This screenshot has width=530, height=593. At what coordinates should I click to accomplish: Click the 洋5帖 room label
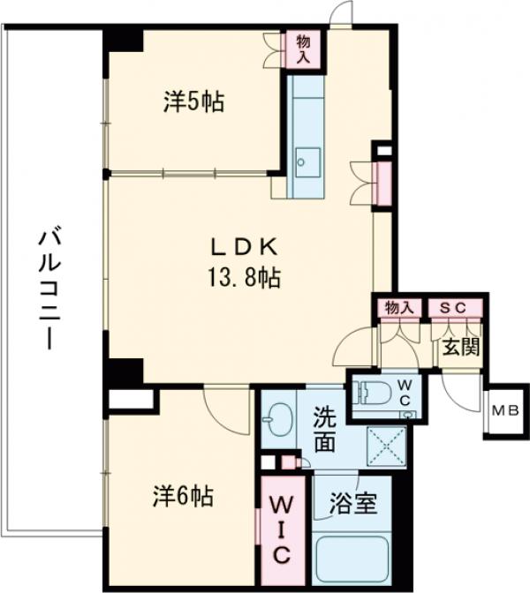click(193, 101)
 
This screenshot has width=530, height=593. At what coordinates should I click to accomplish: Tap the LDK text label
click(244, 248)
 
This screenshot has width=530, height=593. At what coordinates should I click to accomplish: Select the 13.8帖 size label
click(244, 278)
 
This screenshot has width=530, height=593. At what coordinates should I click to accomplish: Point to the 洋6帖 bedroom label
click(183, 496)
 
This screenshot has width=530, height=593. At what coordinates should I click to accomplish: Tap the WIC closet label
click(281, 529)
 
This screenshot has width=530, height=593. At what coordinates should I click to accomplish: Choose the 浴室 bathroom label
click(353, 503)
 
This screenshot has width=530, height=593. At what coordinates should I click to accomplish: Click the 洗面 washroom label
click(325, 430)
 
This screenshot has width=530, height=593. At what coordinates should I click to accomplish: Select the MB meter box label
click(505, 410)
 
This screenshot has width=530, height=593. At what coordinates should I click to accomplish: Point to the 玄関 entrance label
click(461, 347)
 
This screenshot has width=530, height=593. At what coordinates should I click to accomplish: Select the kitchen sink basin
click(308, 162)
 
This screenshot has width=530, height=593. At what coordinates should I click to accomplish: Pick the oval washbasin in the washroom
click(278, 420)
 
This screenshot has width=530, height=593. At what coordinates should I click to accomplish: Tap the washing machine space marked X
click(386, 447)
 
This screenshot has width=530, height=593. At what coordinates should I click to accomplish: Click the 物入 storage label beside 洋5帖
click(304, 49)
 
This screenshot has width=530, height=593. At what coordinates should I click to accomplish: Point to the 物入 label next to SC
click(399, 308)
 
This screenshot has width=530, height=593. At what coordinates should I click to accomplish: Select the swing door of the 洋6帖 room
click(226, 410)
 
